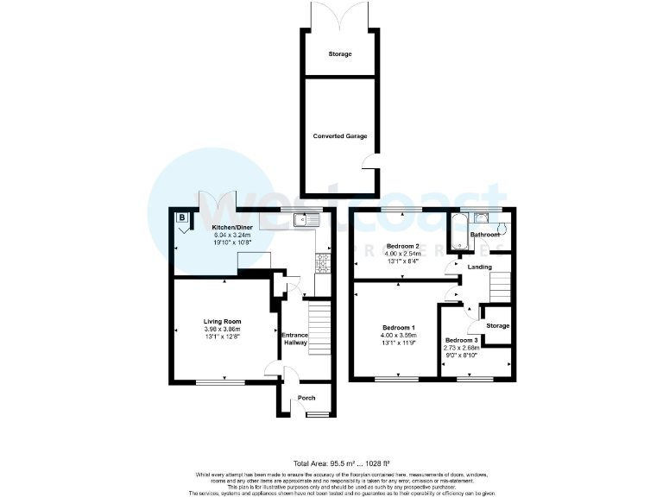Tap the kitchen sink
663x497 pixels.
coord(306,220)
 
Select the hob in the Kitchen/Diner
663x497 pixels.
coord(325,262)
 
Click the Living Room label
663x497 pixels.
coord(222,320)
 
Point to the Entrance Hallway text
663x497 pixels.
coord(295,338)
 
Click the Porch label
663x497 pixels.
coord(306,398)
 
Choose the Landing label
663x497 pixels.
coord(479,267)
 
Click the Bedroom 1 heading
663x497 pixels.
coord(399,328)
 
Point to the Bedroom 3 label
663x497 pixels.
coord(462,339)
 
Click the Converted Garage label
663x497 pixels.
coord(339,136)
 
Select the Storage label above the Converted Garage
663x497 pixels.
coord(339,54)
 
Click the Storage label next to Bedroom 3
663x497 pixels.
coord(497,325)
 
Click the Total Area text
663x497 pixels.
coord(331,464)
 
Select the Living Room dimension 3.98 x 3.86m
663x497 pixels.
coord(222,329)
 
